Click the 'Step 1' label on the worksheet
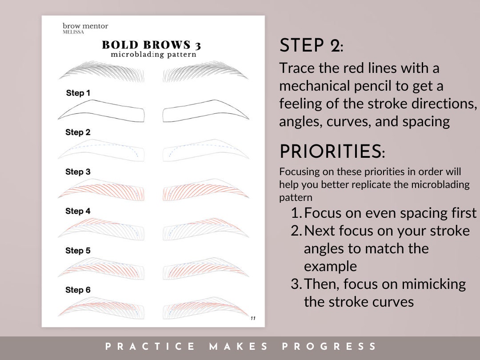tap(78, 93)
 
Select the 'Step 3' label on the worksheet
tap(78, 172)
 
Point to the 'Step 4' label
tap(78, 211)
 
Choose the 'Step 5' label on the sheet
tap(78, 251)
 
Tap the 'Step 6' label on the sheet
tap(78, 290)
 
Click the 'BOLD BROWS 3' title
tap(152, 45)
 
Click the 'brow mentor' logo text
tap(85, 26)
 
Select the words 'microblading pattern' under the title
tap(153, 55)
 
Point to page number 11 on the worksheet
tap(253, 318)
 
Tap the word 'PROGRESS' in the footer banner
tap(329, 347)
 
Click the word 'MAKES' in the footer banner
tap(238, 347)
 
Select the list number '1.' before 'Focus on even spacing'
tap(296, 213)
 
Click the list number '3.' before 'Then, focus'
tap(296, 284)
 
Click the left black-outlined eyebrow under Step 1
tap(101, 111)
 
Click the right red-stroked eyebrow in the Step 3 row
tap(205, 190)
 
